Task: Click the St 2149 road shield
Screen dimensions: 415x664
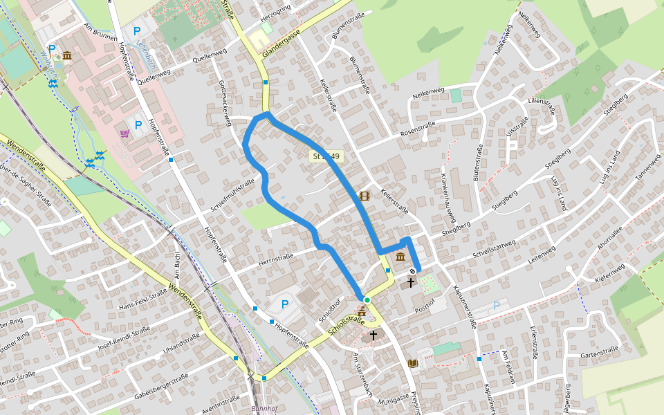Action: [326, 156]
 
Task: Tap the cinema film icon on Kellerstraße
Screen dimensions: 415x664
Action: [365, 196]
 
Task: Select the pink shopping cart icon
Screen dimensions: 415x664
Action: [124, 133]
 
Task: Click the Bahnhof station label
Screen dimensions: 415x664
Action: [264, 408]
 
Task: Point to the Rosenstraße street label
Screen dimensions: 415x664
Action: [418, 129]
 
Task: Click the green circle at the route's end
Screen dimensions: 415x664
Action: [367, 299]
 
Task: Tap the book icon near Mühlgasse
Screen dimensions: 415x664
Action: [414, 363]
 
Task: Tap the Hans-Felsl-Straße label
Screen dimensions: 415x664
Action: [143, 301]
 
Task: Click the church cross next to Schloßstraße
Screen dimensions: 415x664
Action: [373, 335]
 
